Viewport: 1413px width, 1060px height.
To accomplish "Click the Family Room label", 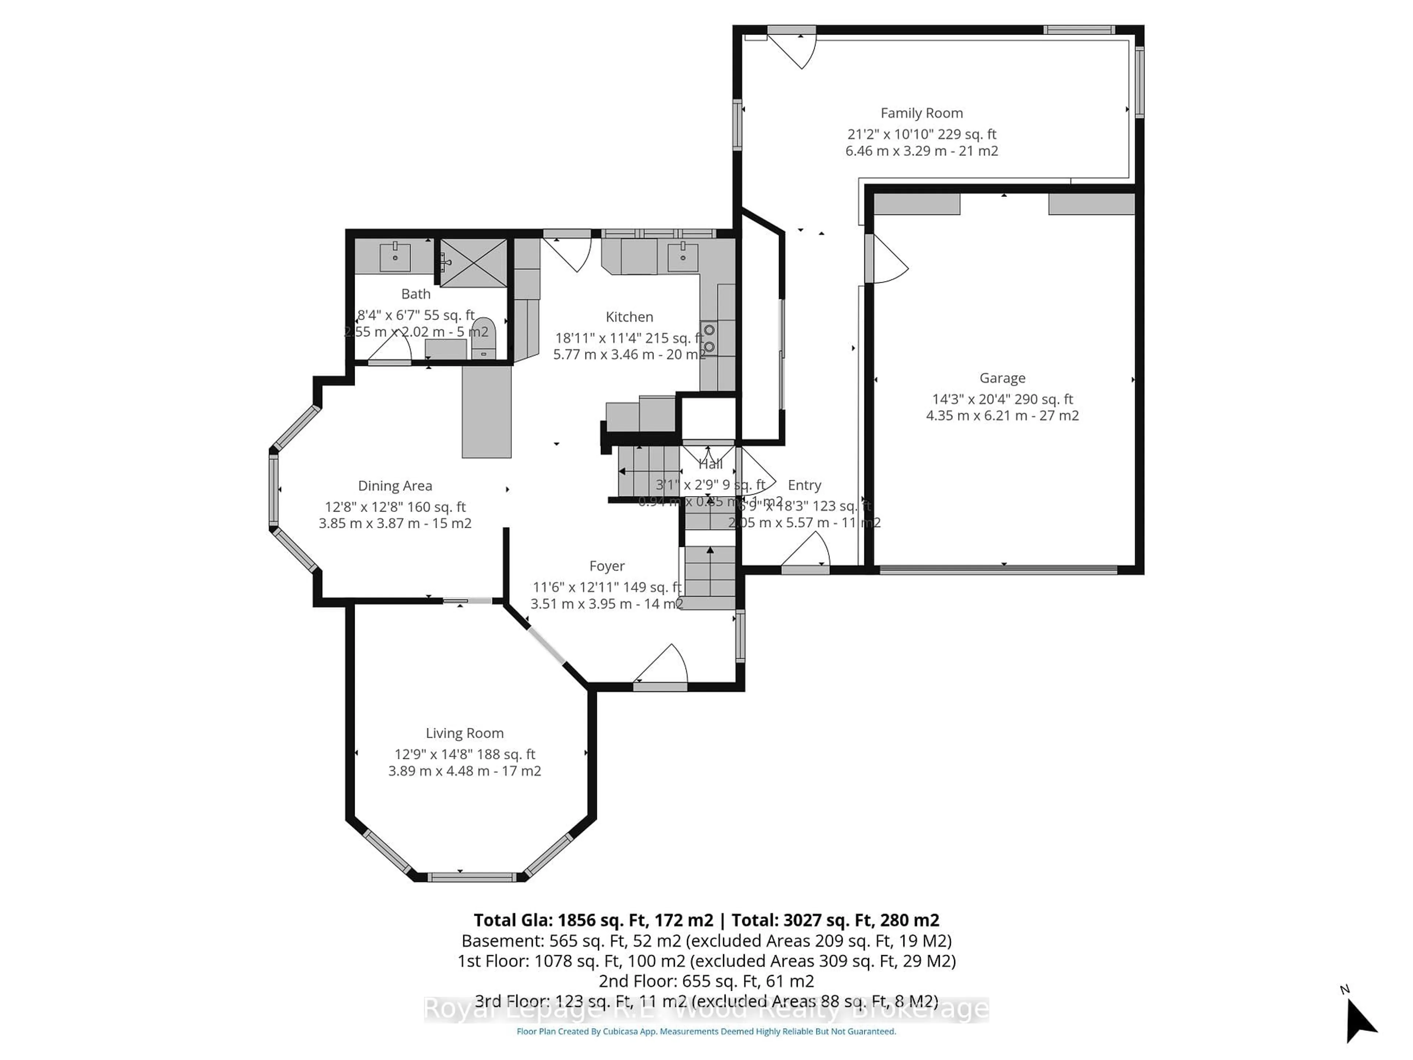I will (x=921, y=113).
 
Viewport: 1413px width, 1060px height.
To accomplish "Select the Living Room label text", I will (x=464, y=733).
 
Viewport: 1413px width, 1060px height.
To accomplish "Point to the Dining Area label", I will (x=395, y=485).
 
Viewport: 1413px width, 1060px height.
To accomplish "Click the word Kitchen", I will (x=629, y=317).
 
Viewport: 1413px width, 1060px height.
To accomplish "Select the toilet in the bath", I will (x=484, y=339).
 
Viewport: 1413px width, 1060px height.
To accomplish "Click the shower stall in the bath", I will (x=473, y=262).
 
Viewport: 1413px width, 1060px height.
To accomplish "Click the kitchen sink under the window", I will (x=683, y=257).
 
